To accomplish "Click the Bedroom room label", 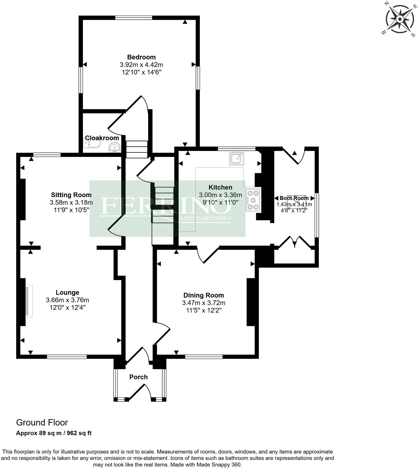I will coord(141,57).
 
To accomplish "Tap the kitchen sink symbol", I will coord(236,158).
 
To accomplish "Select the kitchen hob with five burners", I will coord(253,200).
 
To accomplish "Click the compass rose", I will coord(400,19).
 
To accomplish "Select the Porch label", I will coord(138,377).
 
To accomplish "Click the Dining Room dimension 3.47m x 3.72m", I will coord(204,303).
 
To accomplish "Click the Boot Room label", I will coord(294,198).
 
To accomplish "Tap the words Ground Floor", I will coord(42,423).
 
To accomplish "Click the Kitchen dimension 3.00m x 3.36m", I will coord(220,195).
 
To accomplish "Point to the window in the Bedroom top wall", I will coord(134,18).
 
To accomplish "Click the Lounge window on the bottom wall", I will coord(67,357).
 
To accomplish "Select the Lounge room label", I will coord(68,292).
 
